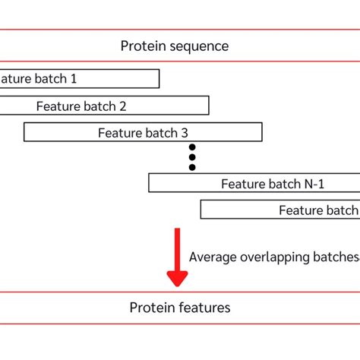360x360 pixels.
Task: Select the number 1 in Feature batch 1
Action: coord(74,78)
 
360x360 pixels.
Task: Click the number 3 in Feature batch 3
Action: coord(185,133)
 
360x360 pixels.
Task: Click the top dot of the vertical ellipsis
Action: coord(192,147)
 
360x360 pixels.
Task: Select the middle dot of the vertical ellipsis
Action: coord(192,157)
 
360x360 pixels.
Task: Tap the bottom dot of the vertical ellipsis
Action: coord(192,167)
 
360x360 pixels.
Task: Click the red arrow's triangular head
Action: coord(178,275)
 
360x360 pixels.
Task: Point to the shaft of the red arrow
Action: coord(178,245)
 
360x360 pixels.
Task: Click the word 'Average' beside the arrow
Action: coord(212,257)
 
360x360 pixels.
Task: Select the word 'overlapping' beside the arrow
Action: coord(271,257)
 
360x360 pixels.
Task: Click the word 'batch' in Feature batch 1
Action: coord(50,78)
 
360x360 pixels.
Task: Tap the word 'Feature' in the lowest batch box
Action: coord(302,210)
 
